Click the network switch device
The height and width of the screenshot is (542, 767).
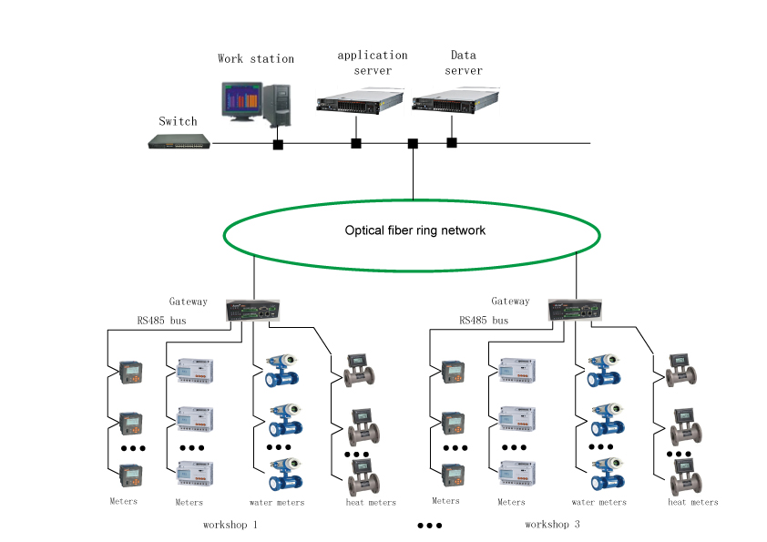(x=180, y=141)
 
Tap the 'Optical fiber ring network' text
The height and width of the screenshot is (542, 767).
(x=414, y=230)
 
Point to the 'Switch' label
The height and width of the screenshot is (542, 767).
(x=178, y=121)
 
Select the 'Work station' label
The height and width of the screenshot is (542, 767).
(x=256, y=58)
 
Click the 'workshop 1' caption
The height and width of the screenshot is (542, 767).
(x=230, y=525)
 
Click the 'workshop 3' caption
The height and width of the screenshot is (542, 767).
(x=553, y=525)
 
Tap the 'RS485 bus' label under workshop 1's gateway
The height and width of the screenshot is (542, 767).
(x=161, y=321)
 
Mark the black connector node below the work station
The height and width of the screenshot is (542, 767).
(x=278, y=144)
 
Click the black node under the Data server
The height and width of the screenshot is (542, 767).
(x=452, y=142)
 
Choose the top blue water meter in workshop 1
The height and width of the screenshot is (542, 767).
(x=284, y=373)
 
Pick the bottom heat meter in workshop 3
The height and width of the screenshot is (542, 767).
(x=685, y=475)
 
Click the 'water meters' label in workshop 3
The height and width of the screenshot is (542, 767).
(x=598, y=502)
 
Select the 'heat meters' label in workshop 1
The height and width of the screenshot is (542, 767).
(x=371, y=502)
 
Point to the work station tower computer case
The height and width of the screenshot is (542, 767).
(x=278, y=103)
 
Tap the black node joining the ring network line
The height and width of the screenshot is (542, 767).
(x=413, y=143)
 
